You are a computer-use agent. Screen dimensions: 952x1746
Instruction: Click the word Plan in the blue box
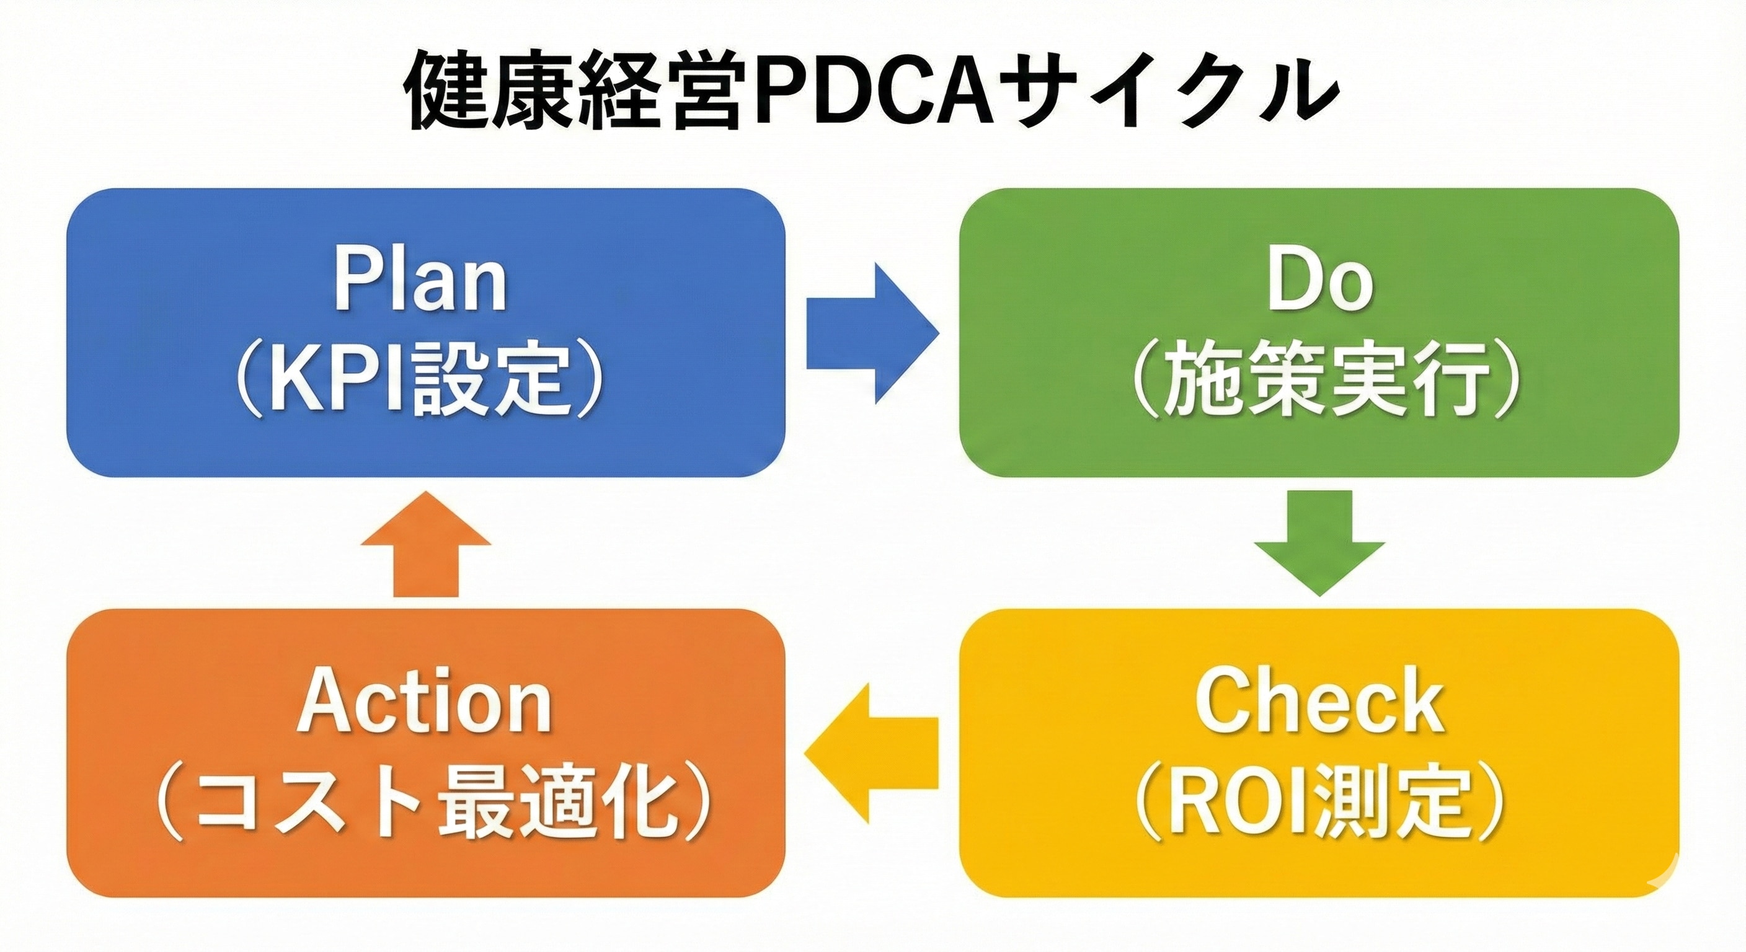click(x=420, y=283)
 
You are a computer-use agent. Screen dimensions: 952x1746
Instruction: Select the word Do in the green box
click(x=1319, y=283)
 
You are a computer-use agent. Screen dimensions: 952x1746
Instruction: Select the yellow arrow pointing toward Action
click(x=871, y=754)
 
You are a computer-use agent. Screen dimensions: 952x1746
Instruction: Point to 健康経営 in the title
click(x=573, y=92)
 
